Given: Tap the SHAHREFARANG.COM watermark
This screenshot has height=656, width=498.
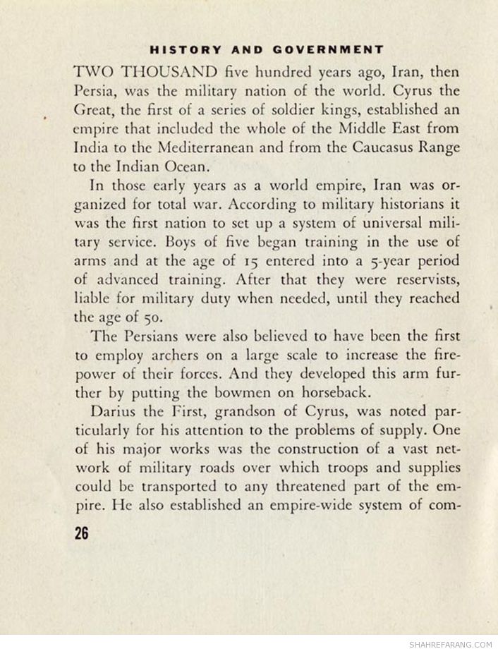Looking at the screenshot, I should coord(450,644).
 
